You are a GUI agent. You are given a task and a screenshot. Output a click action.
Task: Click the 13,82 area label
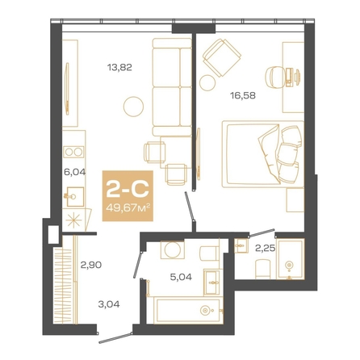pyautogui.click(x=119, y=67)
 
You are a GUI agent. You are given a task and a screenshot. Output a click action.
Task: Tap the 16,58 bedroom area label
pyautogui.click(x=243, y=95)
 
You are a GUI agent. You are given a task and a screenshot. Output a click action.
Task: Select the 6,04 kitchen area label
pyautogui.click(x=74, y=172)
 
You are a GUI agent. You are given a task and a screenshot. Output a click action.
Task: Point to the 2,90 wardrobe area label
pyautogui.click(x=91, y=265)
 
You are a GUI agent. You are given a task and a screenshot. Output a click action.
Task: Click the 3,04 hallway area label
pyautogui.click(x=109, y=304)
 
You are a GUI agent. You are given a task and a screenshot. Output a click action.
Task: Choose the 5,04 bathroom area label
pyautogui.click(x=181, y=277)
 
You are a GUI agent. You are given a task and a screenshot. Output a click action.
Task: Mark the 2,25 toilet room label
pyautogui.click(x=265, y=248)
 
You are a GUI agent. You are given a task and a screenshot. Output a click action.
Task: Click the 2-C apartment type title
pyautogui.click(x=128, y=189)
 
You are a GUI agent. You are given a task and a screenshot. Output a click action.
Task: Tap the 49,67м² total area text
pyautogui.click(x=128, y=207)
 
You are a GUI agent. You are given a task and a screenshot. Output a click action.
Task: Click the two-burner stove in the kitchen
pyautogui.click(x=73, y=152)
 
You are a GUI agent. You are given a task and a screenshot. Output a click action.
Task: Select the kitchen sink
pyautogui.click(x=75, y=197)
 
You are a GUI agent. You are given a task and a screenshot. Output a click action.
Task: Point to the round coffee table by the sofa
pyautogui.click(x=133, y=107)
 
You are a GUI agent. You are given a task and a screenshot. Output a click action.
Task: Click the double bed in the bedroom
pyautogui.click(x=262, y=153)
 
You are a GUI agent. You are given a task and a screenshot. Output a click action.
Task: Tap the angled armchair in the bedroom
pyautogui.click(x=222, y=57)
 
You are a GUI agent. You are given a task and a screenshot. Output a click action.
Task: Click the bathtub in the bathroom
pyautogui.click(x=188, y=311)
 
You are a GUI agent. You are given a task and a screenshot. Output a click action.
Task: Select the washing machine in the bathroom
pyautogui.click(x=173, y=250)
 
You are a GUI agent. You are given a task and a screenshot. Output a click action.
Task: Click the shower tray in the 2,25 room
pyautogui.click(x=290, y=259)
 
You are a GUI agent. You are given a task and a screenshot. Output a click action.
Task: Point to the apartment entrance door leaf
pyautogui.click(x=115, y=338)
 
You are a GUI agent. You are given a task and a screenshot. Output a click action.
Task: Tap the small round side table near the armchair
pyautogui.click(x=207, y=83)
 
